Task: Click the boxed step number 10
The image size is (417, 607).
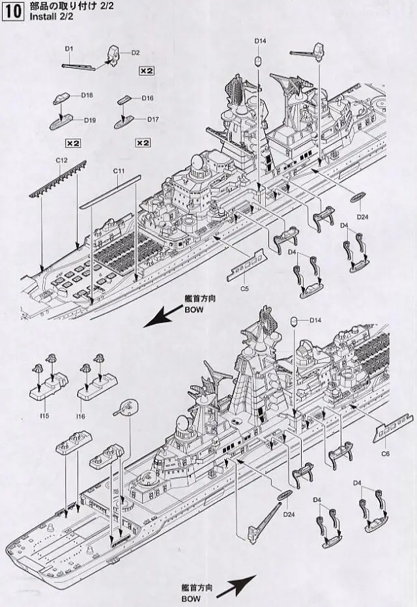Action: (12, 12)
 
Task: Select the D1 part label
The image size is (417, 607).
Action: (69, 49)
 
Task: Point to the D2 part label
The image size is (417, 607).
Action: (136, 52)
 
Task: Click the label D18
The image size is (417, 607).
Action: (87, 95)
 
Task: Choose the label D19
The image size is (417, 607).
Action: (89, 120)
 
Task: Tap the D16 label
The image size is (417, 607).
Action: (147, 98)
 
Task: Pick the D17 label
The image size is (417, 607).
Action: (153, 119)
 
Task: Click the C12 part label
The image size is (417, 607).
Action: (62, 160)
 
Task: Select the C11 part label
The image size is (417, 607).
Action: (119, 171)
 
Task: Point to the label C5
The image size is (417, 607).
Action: (245, 287)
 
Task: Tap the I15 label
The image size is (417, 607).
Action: (44, 415)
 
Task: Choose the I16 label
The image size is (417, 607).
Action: (81, 415)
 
